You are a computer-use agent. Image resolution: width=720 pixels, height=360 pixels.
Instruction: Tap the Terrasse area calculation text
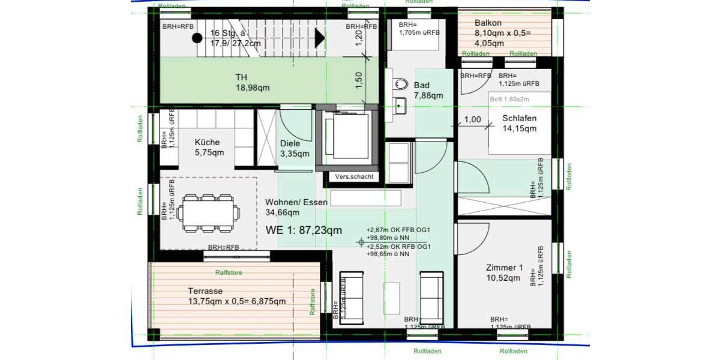click(236, 301)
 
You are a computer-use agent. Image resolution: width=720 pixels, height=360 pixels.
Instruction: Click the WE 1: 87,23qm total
click(304, 230)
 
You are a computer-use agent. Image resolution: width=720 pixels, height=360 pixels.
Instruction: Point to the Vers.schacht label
click(355, 176)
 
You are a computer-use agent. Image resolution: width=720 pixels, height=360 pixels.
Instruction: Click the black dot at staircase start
click(197, 38)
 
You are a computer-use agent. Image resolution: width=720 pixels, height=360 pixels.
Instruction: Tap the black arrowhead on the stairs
click(319, 38)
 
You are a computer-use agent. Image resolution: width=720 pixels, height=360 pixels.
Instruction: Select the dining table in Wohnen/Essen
click(209, 212)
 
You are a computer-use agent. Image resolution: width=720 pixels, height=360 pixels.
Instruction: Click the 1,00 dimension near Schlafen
click(473, 119)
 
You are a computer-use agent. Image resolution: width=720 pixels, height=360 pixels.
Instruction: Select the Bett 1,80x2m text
click(508, 98)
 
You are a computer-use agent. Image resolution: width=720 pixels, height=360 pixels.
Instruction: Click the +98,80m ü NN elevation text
click(388, 238)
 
